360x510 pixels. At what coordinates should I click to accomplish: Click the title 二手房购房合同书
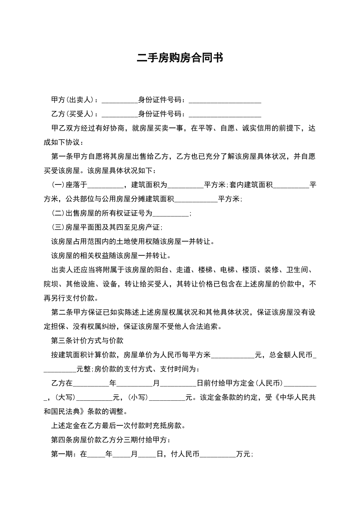(x=180, y=58)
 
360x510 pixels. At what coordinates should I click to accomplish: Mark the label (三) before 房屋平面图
(x=58, y=228)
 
